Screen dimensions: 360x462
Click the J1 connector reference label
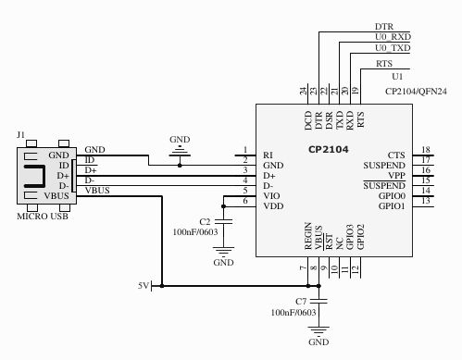pos(20,135)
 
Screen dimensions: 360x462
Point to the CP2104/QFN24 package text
pos(415,92)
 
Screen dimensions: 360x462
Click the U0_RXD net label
pos(393,37)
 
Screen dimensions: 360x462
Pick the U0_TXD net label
pos(393,48)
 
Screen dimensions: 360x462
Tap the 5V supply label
pos(143,286)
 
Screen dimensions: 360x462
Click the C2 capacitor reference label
pos(206,222)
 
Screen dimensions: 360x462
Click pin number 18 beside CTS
pos(425,150)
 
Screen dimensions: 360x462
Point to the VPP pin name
pos(395,175)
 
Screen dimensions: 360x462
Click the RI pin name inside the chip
pos(268,155)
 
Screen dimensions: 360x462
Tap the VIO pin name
pos(271,196)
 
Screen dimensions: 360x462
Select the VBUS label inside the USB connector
pos(57,195)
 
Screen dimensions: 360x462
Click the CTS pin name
pos(395,155)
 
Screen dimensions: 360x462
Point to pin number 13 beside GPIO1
pos(425,201)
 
